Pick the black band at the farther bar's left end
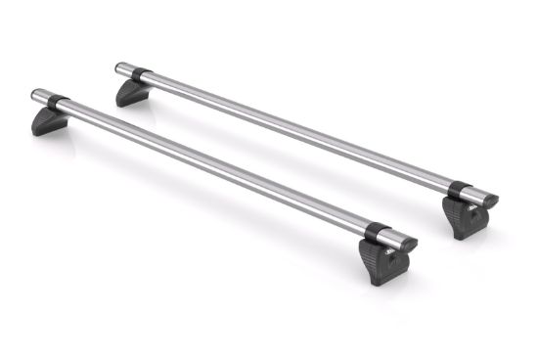(x=138, y=73)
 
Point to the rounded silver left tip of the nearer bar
(x=37, y=95)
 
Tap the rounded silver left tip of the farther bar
(x=120, y=68)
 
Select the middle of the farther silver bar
(x=293, y=130)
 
